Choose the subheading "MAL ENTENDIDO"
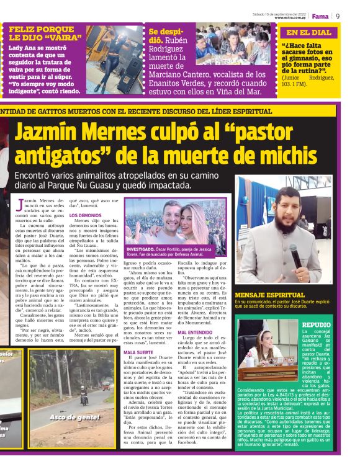(195, 333)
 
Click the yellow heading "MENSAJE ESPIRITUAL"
(269, 295)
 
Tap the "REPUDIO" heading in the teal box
(317, 324)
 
